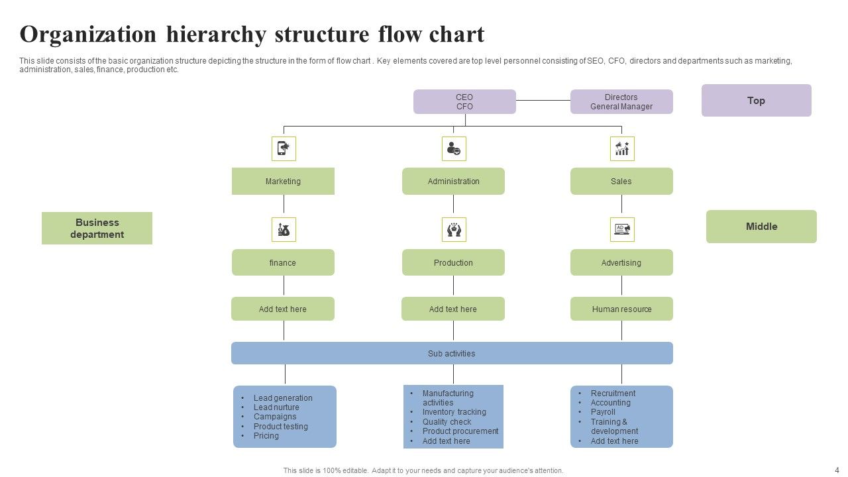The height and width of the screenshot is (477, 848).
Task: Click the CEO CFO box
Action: coord(464,102)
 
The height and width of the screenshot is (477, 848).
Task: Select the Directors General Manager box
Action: coord(621,102)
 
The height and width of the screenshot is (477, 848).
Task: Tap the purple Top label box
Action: coord(756,101)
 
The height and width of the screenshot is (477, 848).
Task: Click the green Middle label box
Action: coord(761,227)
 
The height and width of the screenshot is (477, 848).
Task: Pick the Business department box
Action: coord(97,229)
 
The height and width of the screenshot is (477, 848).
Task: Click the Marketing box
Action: coord(283,182)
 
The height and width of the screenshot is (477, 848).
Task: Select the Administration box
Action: coord(453,182)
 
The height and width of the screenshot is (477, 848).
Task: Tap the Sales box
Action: coord(621,182)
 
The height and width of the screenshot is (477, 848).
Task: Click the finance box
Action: coord(283,262)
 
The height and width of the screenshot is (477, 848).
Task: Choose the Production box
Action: coord(453,262)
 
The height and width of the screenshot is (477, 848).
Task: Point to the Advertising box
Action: coord(621,262)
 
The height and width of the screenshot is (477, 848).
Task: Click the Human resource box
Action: coord(621,309)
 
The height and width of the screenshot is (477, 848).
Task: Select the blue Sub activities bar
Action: coord(452,353)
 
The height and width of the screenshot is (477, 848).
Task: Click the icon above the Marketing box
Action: coord(284,148)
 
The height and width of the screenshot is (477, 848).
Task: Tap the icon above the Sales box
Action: coord(622,148)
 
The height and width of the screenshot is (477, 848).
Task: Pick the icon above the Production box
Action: coord(454,229)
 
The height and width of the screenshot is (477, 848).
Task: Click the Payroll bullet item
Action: coord(603,412)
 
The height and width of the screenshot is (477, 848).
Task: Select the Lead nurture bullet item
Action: coord(276,407)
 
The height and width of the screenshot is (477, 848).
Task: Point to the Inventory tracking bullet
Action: coord(454,412)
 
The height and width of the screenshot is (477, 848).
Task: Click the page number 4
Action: coord(836,470)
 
